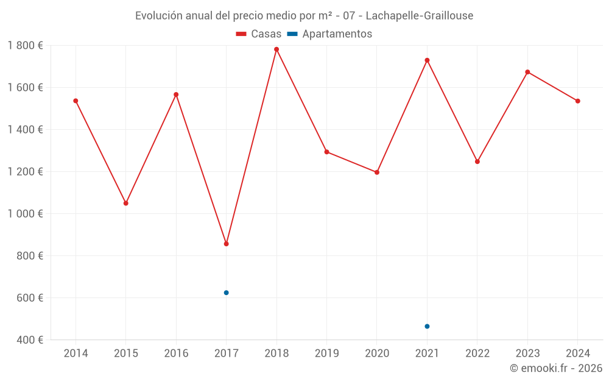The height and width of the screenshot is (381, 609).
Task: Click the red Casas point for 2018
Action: point(276,49)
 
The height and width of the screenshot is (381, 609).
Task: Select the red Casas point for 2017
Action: point(227,244)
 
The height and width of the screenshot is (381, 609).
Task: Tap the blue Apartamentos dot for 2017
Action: point(227,293)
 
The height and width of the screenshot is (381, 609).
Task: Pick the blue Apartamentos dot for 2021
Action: point(427,326)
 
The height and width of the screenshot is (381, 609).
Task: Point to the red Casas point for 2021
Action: point(427,60)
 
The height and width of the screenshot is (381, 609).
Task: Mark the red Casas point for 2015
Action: point(126,203)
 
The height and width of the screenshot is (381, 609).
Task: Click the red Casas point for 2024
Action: point(578,101)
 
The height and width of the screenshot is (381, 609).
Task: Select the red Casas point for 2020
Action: point(377,173)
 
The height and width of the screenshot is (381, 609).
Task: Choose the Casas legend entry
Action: point(259,34)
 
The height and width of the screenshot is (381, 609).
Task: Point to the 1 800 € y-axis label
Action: point(25,46)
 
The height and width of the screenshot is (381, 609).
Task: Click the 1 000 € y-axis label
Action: point(25,214)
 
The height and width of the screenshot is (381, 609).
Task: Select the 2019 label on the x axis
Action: point(327,354)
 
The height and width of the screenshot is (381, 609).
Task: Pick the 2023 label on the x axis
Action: point(528,354)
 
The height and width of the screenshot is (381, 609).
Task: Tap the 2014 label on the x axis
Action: point(76,354)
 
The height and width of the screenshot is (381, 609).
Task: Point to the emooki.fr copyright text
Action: point(556,368)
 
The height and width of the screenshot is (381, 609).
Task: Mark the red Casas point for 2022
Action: point(477,162)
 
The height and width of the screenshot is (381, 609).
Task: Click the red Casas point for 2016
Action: point(176,94)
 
